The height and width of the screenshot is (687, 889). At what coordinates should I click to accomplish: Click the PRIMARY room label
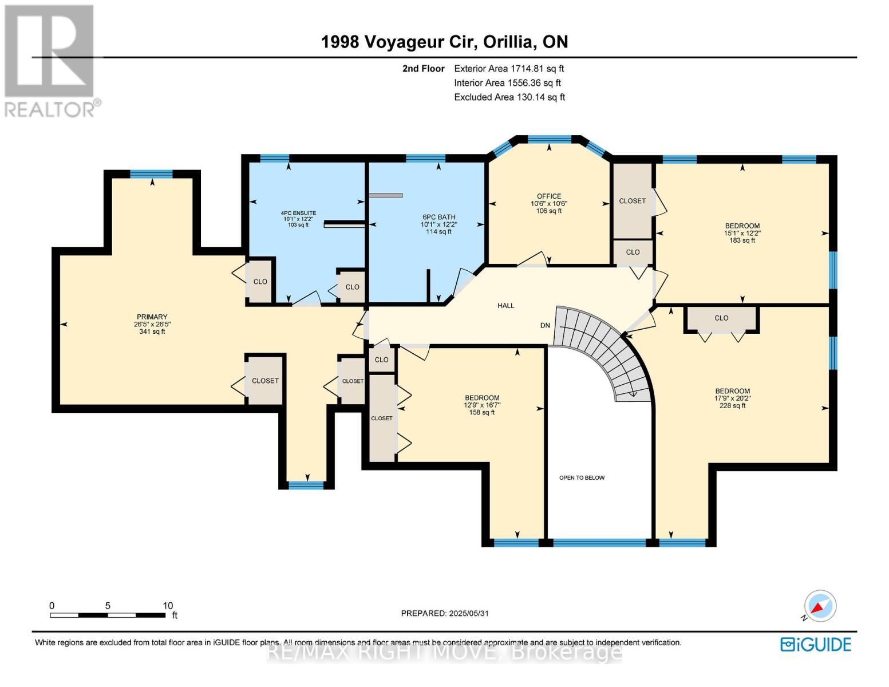click(152, 317)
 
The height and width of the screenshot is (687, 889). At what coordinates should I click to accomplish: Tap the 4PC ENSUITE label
click(298, 214)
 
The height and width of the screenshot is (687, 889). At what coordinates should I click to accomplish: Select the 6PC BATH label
click(439, 218)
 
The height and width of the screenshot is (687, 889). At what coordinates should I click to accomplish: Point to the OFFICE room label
click(549, 196)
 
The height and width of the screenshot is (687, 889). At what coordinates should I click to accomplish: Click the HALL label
click(505, 306)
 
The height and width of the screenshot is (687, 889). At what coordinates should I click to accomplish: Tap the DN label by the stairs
click(545, 325)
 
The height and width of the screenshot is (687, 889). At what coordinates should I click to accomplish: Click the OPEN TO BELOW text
click(582, 477)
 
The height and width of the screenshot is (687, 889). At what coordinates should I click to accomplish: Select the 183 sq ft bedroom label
click(742, 226)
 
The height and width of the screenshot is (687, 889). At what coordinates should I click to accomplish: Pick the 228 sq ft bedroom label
click(732, 392)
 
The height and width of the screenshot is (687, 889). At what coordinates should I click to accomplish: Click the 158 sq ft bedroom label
click(482, 398)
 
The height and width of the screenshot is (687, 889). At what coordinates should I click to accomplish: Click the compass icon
click(820, 606)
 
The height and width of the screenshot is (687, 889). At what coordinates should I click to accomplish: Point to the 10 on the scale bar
click(167, 606)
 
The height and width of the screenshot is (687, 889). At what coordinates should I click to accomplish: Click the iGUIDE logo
click(816, 645)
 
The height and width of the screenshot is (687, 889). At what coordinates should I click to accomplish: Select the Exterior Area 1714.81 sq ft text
click(509, 69)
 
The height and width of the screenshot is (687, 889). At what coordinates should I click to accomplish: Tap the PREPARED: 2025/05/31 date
click(445, 613)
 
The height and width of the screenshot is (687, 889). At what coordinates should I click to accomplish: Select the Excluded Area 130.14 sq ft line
click(509, 97)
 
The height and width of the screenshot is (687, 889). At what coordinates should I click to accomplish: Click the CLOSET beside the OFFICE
click(632, 201)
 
